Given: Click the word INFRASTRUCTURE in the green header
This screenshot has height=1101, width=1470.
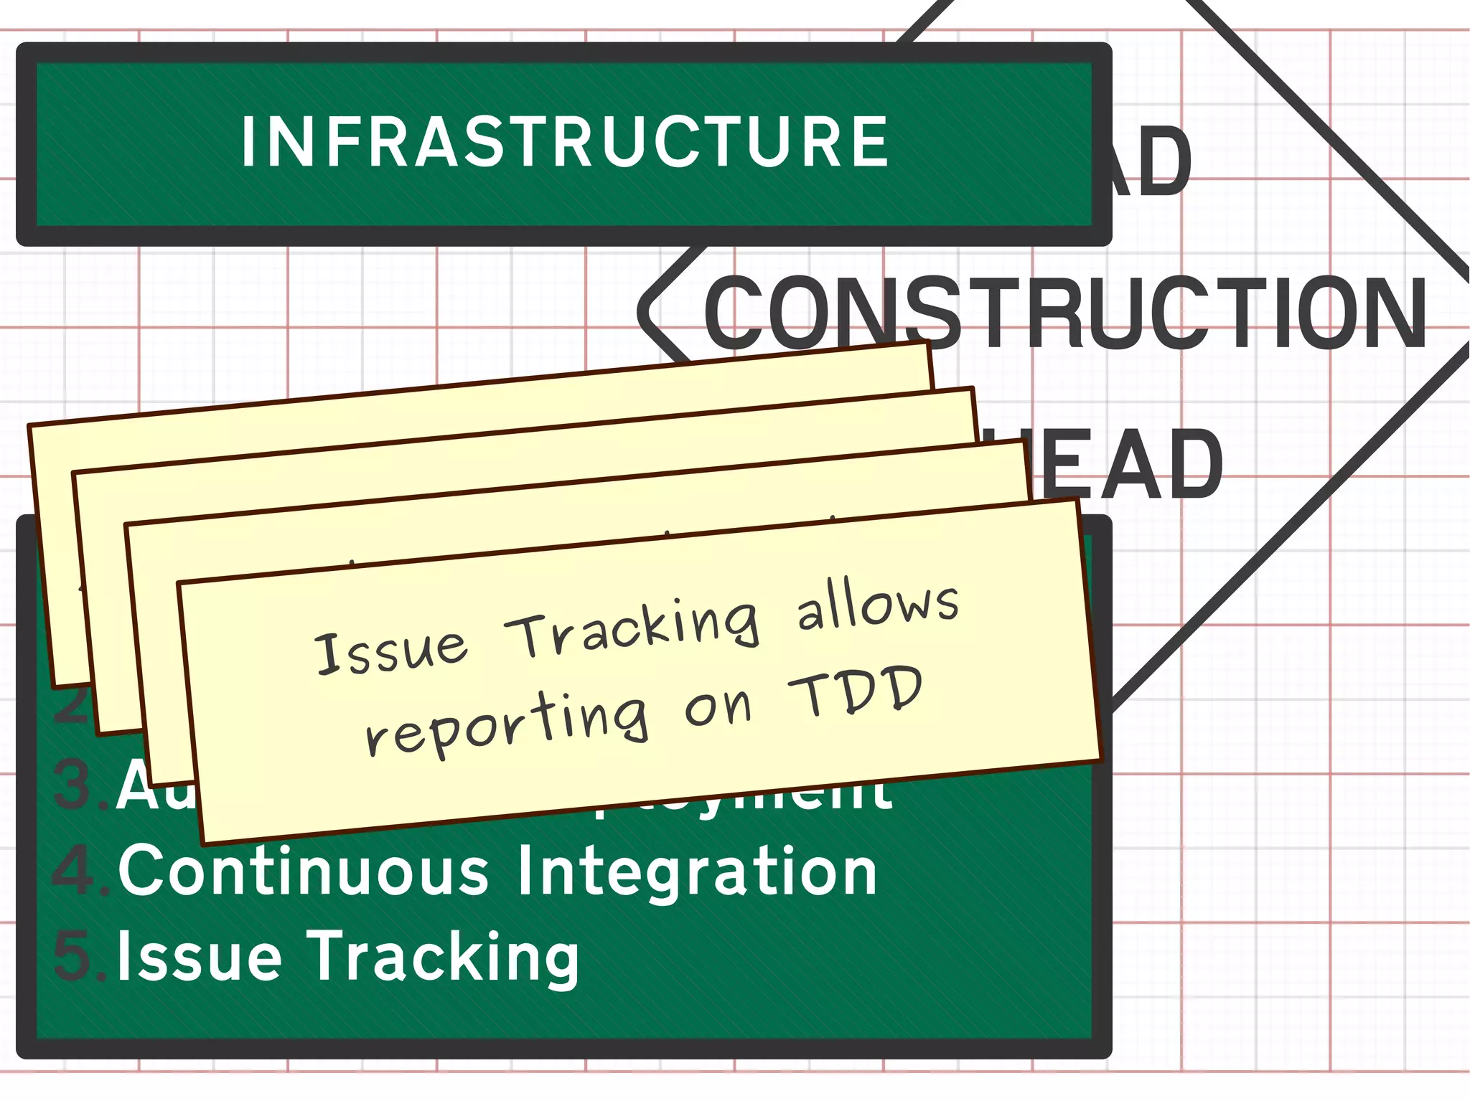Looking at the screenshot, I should (x=565, y=142).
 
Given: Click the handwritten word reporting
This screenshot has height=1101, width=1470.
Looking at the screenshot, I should (x=507, y=724).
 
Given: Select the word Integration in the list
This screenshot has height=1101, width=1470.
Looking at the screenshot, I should (x=696, y=871).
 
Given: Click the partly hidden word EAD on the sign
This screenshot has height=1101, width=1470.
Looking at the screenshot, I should (x=1130, y=465).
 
